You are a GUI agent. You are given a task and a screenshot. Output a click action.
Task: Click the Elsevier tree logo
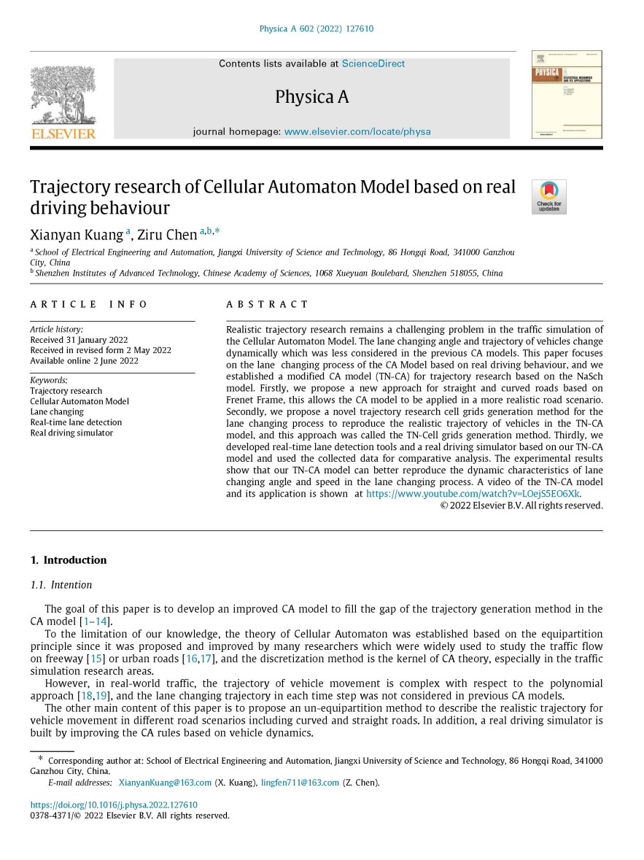click(63, 96)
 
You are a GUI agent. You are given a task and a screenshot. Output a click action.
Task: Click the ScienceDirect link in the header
click(373, 63)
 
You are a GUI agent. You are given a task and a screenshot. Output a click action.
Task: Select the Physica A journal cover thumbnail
click(566, 94)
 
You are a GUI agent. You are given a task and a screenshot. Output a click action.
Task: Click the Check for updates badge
click(548, 197)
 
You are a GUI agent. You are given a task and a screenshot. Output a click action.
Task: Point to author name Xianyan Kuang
click(76, 234)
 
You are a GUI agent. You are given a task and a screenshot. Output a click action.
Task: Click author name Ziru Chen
click(167, 234)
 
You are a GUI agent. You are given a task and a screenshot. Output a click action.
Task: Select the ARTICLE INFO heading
click(89, 304)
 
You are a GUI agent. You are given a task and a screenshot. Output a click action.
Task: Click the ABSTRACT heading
click(268, 304)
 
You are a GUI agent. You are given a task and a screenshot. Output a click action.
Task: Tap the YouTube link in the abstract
click(473, 494)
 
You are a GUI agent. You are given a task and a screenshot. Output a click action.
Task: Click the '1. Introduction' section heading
click(69, 560)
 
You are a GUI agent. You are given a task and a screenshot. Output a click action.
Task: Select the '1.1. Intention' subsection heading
click(61, 584)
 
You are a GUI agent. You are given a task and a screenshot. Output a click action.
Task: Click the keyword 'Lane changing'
click(57, 412)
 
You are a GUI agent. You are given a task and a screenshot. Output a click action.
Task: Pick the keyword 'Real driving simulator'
click(71, 433)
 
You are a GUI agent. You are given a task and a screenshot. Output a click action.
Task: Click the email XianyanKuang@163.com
click(165, 783)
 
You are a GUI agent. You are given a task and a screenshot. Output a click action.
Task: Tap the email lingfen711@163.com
click(300, 783)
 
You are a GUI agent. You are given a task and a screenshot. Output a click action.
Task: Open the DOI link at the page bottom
click(113, 805)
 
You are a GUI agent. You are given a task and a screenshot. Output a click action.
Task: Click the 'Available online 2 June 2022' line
click(84, 360)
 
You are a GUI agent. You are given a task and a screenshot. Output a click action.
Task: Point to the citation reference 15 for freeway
click(96, 659)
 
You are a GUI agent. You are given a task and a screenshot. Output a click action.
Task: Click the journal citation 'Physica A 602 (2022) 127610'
click(317, 29)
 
